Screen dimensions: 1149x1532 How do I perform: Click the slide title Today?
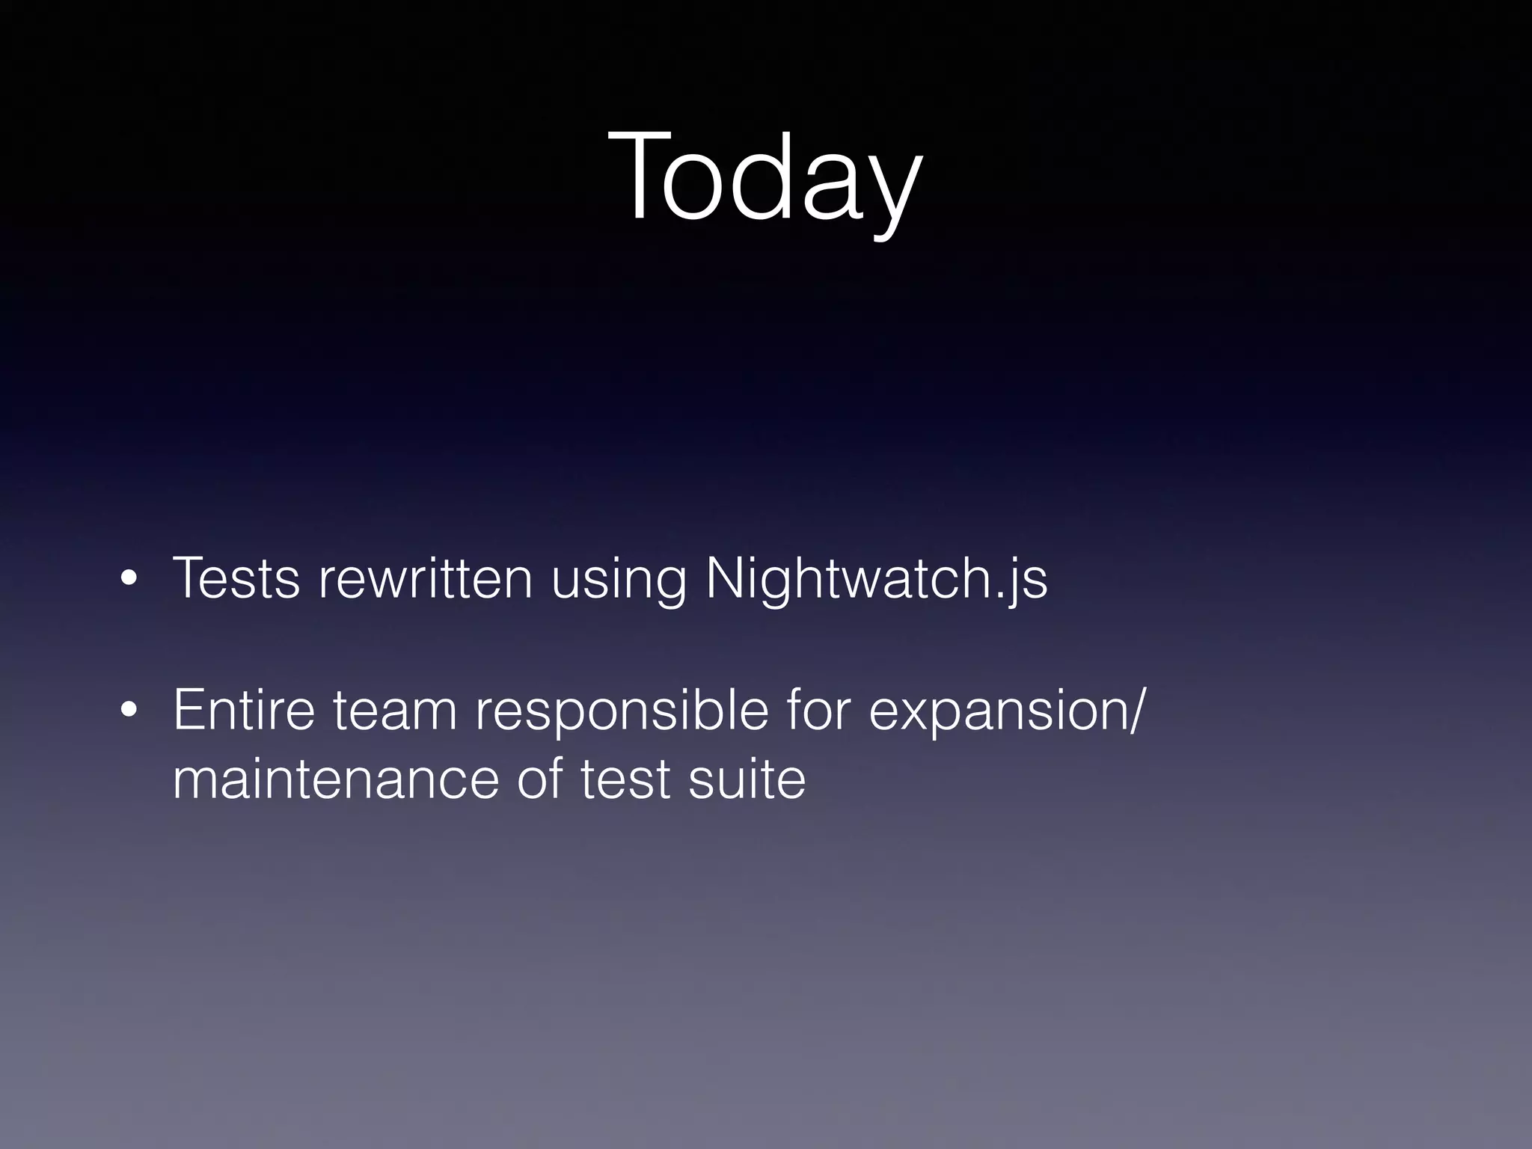[x=765, y=180]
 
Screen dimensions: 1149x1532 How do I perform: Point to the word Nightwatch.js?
[x=876, y=580]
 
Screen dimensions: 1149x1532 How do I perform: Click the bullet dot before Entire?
[x=129, y=712]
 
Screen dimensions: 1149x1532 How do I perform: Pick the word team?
[x=395, y=711]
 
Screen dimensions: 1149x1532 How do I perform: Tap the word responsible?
[x=622, y=711]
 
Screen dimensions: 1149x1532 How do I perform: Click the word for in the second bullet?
[x=818, y=710]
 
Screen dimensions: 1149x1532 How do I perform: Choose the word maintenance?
[x=334, y=779]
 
